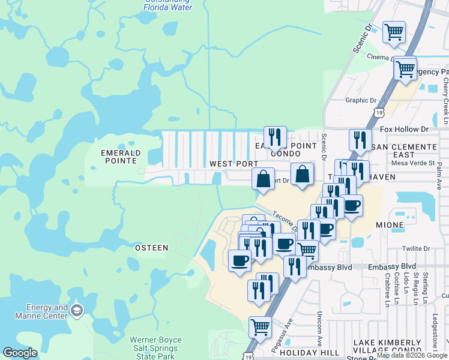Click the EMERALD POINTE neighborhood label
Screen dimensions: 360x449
(120, 157)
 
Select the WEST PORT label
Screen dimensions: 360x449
(234, 164)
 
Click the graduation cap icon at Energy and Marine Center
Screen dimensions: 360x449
(77, 310)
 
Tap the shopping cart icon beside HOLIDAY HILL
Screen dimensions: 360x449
(260, 327)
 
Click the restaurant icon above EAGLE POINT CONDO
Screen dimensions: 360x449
(275, 137)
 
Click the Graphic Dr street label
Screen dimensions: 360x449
(360, 101)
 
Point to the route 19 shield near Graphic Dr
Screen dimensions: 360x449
(379, 112)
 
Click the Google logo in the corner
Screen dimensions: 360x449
(20, 353)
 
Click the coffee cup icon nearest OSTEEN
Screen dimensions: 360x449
(240, 260)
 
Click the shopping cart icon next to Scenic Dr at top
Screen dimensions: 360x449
(394, 32)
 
